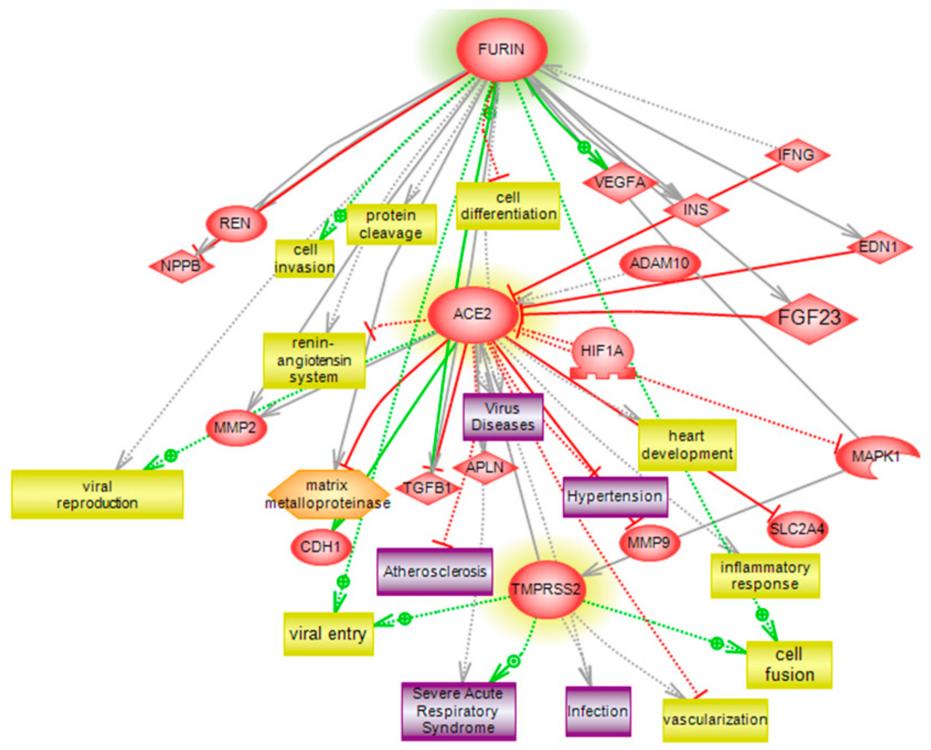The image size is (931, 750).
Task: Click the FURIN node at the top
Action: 501,49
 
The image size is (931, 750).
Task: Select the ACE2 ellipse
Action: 472,314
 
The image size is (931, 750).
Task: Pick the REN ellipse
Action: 236,223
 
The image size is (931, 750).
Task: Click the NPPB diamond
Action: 181,266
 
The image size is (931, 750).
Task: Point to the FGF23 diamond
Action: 809,319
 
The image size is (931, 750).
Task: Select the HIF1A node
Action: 603,351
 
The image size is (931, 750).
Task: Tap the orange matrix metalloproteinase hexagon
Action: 328,494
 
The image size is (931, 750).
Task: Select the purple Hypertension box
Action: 615,497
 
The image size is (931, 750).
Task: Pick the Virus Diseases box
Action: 503,417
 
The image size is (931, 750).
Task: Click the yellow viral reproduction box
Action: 97,494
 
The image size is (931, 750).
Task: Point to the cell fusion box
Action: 789,665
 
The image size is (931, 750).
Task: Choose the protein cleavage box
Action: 391,224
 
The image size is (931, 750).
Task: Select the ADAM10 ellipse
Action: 660,263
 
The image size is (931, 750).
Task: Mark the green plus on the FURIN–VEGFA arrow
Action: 584,148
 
